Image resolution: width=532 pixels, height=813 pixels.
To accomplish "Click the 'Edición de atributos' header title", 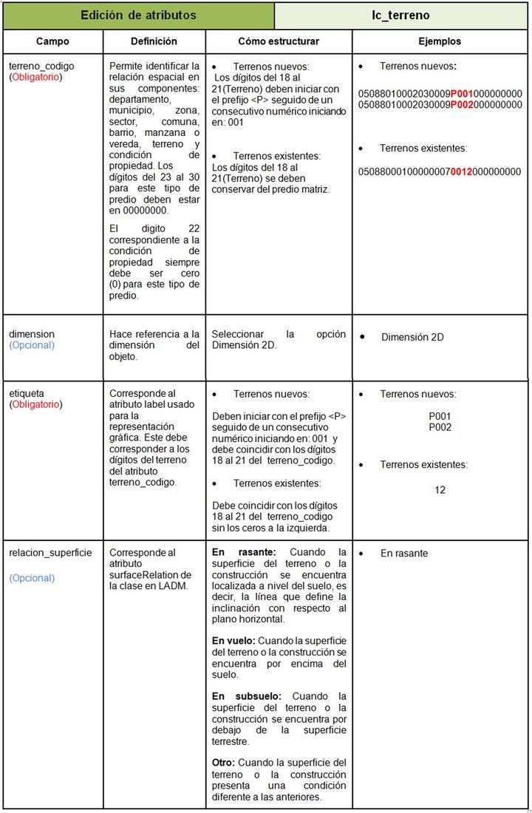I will click(138, 15).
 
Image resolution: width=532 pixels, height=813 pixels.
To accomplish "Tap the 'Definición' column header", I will click(154, 42).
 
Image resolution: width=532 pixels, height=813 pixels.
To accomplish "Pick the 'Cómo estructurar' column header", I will click(279, 42).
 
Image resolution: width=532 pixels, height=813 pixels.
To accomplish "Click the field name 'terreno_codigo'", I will click(41, 66).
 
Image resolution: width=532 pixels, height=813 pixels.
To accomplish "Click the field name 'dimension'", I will click(32, 334).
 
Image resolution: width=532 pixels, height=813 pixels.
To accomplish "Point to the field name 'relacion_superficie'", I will click(50, 553).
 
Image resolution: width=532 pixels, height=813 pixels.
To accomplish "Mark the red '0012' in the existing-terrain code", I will click(462, 171).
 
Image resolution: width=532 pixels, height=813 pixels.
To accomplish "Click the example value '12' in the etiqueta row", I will click(440, 489).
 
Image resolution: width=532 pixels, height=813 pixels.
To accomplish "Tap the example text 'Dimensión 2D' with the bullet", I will click(412, 337).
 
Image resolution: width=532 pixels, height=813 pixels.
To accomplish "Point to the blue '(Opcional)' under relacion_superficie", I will click(32, 578).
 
